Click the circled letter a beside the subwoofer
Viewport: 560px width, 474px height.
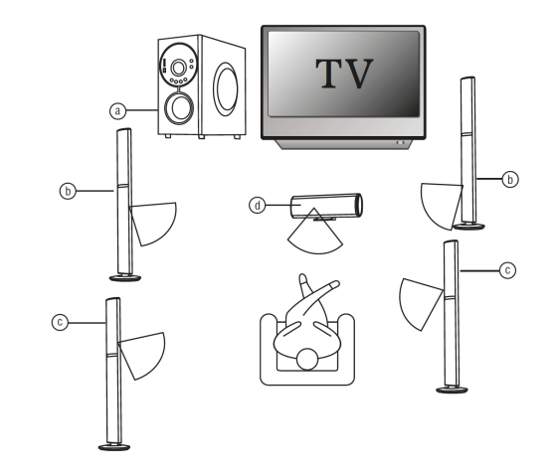[x=118, y=111]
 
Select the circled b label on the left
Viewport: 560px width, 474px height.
[x=68, y=189]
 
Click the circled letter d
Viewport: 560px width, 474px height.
[x=258, y=206]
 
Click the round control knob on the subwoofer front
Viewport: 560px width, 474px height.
[x=180, y=70]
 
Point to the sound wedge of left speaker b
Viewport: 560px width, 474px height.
[x=153, y=222]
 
